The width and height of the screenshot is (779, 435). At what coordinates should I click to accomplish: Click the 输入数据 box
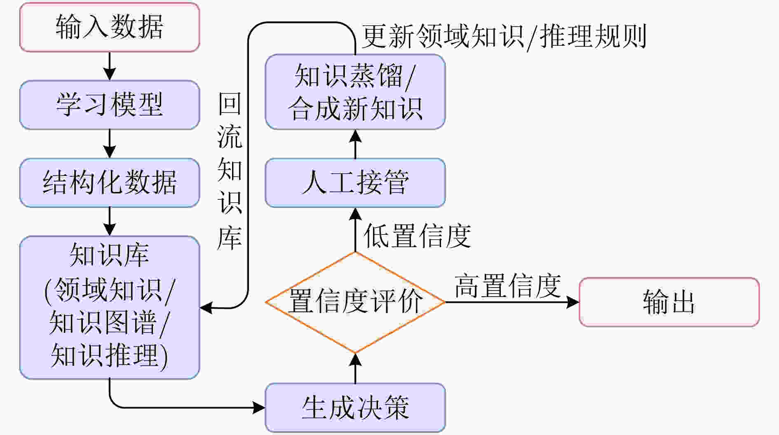(110, 27)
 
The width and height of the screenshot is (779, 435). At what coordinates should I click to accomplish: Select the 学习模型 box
(110, 105)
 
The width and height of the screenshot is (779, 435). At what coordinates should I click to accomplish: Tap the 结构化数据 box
(110, 182)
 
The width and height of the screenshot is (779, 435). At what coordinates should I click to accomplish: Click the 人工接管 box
(355, 182)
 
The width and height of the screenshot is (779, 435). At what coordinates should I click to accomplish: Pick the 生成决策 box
(355, 408)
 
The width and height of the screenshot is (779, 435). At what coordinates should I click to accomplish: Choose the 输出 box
(669, 302)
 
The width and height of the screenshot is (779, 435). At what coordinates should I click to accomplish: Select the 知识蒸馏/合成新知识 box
(355, 92)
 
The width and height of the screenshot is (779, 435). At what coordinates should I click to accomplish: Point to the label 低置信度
(417, 236)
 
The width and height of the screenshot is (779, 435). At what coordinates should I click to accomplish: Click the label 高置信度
(508, 285)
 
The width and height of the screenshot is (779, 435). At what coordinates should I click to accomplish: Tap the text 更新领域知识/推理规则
(504, 36)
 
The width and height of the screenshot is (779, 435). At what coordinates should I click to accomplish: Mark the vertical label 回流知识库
(230, 171)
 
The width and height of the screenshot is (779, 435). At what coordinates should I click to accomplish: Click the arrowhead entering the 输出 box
(573, 302)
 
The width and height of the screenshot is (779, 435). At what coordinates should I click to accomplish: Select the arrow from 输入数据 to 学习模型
(110, 66)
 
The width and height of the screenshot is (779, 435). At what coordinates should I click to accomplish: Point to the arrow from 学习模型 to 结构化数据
(110, 144)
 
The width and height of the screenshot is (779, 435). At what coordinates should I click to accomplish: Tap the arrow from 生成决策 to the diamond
(355, 368)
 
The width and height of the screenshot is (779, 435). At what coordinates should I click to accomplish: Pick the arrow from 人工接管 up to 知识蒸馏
(355, 144)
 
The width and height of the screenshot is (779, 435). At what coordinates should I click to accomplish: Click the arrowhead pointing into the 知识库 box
(206, 307)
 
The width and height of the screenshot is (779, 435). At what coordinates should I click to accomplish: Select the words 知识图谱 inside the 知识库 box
(103, 323)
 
